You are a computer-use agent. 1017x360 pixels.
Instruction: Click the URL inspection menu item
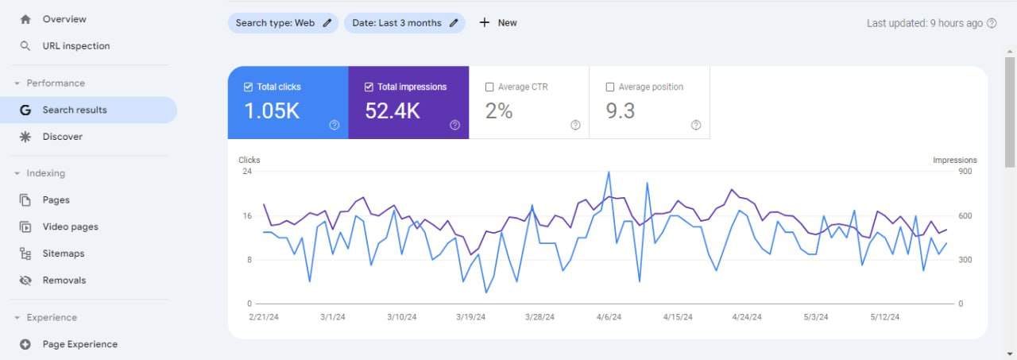(75, 46)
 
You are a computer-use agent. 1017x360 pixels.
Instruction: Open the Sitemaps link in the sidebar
(63, 254)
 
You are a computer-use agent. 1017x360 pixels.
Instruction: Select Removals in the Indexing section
(64, 281)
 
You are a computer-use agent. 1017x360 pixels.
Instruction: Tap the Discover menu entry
(62, 137)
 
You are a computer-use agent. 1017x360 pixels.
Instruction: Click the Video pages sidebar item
(70, 226)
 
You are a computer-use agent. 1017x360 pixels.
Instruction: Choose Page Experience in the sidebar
(79, 344)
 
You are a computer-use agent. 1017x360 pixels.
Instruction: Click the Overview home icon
(25, 19)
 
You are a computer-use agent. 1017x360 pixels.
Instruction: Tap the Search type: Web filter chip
(283, 23)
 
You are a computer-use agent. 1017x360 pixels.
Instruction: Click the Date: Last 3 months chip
(404, 23)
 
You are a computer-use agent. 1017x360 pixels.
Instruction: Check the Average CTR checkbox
(489, 87)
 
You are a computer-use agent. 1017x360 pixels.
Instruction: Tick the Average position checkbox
(610, 87)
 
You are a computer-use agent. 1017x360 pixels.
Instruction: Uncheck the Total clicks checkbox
(249, 87)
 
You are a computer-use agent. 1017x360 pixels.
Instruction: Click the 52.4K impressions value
(392, 112)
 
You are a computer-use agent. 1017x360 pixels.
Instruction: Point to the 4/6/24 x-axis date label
(609, 317)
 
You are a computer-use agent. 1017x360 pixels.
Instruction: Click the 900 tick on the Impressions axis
(965, 172)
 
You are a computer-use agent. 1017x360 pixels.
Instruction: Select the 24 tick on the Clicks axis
(247, 172)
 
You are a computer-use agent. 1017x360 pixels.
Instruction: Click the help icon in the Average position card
(696, 125)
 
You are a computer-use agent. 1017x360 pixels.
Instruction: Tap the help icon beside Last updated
(992, 23)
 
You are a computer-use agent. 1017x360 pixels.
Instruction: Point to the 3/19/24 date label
(470, 317)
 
